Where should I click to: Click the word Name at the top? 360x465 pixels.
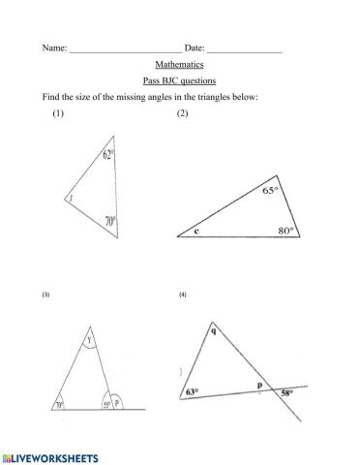click(53, 47)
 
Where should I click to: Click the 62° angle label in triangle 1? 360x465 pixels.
click(109, 154)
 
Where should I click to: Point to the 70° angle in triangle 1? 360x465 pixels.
click(110, 222)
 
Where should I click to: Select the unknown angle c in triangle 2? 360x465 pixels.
click(195, 232)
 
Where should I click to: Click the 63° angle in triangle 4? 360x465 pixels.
click(192, 391)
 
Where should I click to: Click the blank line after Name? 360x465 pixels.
click(125, 49)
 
